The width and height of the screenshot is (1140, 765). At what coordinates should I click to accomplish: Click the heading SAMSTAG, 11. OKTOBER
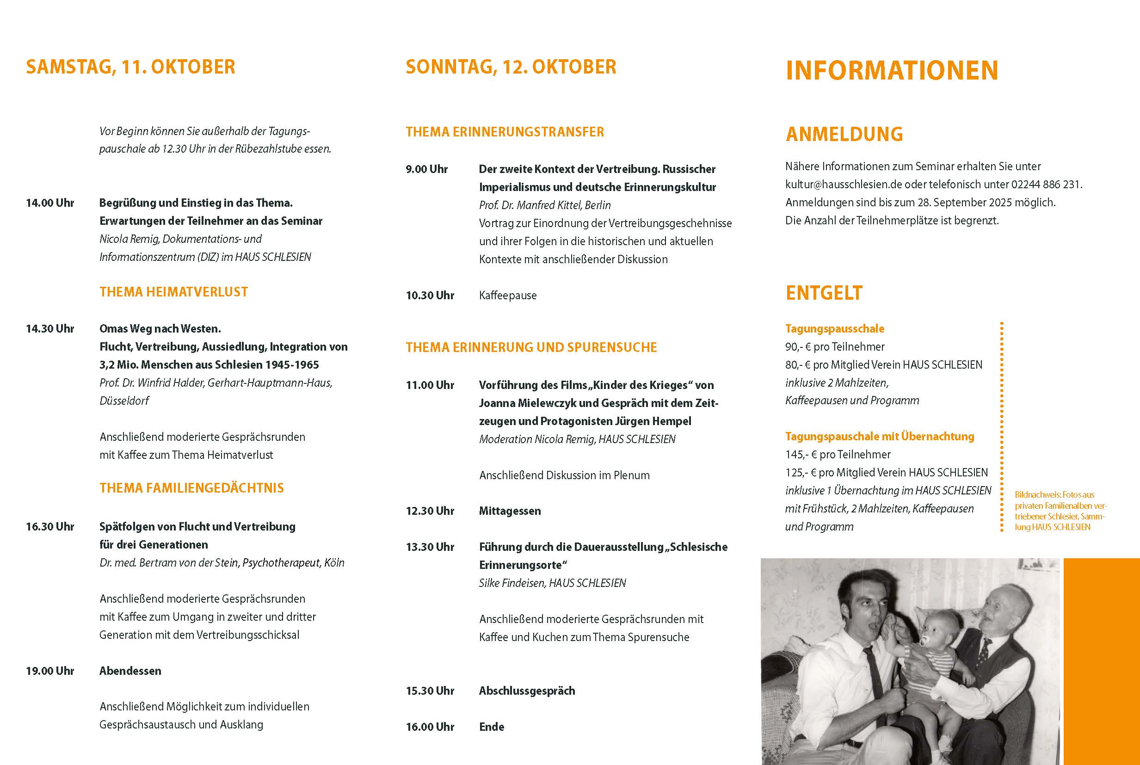(130, 68)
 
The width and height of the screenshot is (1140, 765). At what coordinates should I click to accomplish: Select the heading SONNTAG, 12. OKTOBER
(511, 68)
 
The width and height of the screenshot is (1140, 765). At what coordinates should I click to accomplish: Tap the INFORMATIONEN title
(892, 70)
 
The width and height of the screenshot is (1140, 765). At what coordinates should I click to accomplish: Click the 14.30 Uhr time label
(50, 329)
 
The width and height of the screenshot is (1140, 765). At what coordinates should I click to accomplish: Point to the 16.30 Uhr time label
(50, 527)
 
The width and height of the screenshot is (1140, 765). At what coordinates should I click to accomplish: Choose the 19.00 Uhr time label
(50, 671)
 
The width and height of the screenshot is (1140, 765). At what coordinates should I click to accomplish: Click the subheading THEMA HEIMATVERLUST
(173, 292)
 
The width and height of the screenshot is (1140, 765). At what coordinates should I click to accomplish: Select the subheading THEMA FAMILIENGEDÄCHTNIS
(191, 488)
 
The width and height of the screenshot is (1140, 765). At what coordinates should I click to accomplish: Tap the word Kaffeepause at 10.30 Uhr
(507, 296)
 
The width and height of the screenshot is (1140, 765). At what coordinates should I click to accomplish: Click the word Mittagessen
(510, 511)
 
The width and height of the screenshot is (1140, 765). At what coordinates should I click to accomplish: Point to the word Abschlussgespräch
(527, 691)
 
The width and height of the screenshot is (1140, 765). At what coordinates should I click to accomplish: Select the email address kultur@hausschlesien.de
(844, 185)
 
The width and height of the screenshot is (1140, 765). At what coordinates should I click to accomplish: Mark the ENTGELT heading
(824, 293)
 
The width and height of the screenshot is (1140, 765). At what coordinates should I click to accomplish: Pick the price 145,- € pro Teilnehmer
(838, 455)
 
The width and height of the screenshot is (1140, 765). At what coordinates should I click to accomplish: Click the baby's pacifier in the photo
(924, 643)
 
